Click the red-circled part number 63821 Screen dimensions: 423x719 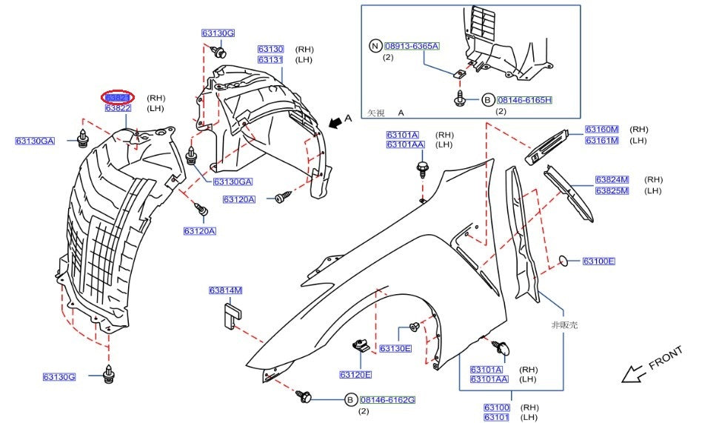(118, 98)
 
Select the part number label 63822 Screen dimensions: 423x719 (118, 108)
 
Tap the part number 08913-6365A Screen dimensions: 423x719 (412, 46)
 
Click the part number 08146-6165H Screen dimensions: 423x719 (525, 99)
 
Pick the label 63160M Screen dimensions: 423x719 (601, 130)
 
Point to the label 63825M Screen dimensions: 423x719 (612, 190)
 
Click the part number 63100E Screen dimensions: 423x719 (598, 261)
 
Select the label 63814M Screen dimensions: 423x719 (226, 290)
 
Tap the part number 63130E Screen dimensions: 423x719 (395, 347)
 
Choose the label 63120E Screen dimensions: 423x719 (356, 374)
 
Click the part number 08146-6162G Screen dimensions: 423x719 (388, 400)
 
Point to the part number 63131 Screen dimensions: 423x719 (270, 59)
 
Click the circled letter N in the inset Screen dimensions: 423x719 (375, 46)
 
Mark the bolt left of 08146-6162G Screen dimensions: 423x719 (304, 396)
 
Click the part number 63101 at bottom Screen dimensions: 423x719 (497, 417)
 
